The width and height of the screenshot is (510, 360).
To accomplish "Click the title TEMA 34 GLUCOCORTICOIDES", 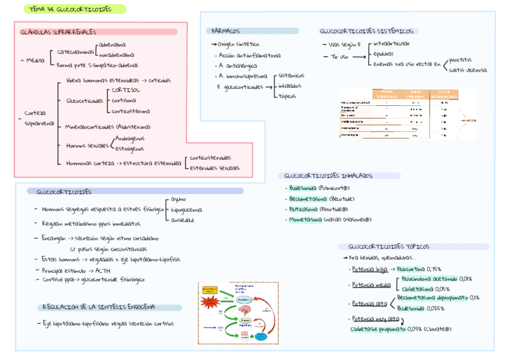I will click(70, 9).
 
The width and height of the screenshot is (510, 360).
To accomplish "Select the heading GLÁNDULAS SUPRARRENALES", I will click(58, 32).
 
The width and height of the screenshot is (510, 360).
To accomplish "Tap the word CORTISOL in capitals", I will click(126, 90).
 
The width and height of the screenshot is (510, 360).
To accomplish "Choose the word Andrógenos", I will click(129, 138).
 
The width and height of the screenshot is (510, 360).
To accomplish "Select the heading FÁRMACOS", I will click(226, 31).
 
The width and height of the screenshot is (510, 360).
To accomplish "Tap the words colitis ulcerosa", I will click(468, 70).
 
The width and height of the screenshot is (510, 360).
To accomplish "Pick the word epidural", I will click(384, 53).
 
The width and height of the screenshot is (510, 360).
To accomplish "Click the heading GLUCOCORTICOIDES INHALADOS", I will click(328, 175).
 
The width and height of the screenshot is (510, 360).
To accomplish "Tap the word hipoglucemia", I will click(186, 210).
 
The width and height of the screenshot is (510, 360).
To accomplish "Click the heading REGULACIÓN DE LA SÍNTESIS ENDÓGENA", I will click(99, 307).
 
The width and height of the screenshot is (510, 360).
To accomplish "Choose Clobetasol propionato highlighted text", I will click(377, 329).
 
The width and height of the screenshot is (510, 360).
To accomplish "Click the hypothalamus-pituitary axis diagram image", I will click(238, 313).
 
